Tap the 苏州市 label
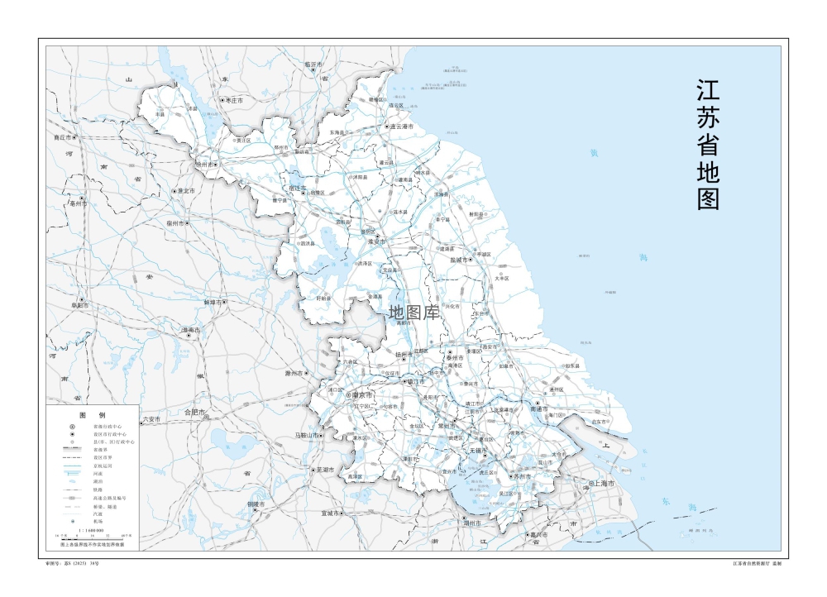(523, 476)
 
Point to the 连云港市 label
(401, 127)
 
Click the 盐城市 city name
(457, 260)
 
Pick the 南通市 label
(539, 408)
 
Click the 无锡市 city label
(480, 451)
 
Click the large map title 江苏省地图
(708, 144)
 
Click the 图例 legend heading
(92, 414)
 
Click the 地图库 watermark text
(413, 313)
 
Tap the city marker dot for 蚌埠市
(224, 303)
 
